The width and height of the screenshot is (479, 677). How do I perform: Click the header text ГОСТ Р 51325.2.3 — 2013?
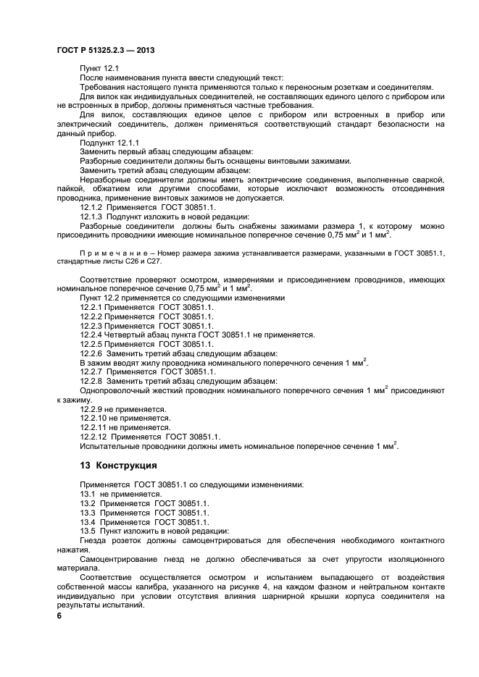coord(105,50)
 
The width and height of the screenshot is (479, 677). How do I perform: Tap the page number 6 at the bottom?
coord(59,615)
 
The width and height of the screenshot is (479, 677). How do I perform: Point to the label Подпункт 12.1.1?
coord(109,143)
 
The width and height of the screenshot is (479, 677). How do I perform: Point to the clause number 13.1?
coord(88,493)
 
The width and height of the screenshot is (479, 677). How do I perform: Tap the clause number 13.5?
coord(88,531)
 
